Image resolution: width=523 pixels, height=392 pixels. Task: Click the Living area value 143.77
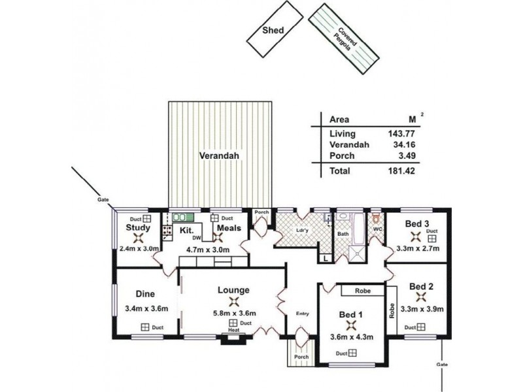pos(398,133)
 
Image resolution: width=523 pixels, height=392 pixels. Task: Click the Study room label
pos(138,228)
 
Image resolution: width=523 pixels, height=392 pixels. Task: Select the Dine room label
pos(144,294)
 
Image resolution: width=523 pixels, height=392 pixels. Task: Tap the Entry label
pos(301,312)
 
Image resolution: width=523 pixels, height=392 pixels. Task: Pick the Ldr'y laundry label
pos(302,230)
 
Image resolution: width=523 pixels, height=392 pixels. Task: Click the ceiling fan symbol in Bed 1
pos(352,325)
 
